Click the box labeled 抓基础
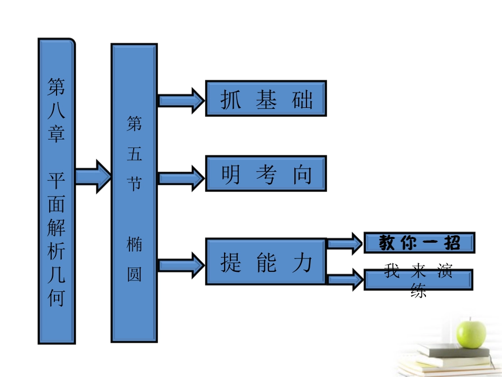click(x=266, y=98)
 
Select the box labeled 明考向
click(x=266, y=173)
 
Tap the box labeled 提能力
click(x=266, y=262)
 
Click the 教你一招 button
click(x=419, y=243)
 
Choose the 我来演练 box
click(x=418, y=280)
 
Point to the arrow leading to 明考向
click(x=181, y=175)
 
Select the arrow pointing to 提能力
click(x=181, y=263)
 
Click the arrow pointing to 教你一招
click(x=344, y=244)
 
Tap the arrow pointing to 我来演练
click(x=345, y=279)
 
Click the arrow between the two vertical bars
click(x=92, y=176)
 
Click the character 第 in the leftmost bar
click(x=57, y=85)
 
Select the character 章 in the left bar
click(x=57, y=134)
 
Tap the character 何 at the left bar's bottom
click(x=57, y=298)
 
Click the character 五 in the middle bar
click(x=134, y=154)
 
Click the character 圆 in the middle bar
click(x=134, y=274)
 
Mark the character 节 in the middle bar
click(x=134, y=183)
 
